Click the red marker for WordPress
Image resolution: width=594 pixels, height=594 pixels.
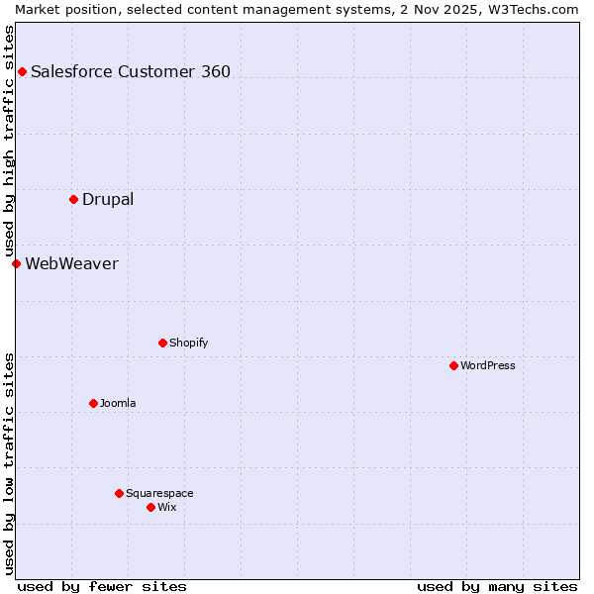coord(453,365)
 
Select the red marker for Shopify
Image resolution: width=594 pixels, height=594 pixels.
coord(162,343)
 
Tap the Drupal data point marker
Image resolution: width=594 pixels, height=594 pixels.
coord(73,199)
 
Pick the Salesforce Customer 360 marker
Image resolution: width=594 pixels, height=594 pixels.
coord(22,71)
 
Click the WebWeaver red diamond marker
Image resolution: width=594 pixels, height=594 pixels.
coord(16,263)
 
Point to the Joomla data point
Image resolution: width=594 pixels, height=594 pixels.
coord(93,403)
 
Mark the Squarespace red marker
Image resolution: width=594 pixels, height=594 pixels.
coord(119,493)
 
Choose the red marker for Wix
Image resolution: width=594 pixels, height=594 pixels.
coord(150,507)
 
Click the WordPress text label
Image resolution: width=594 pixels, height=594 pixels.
coord(488,365)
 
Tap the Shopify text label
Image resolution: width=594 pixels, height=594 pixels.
coord(188,343)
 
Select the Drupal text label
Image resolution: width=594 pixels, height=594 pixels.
coord(108,199)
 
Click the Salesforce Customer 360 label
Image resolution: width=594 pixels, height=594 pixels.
coord(131,71)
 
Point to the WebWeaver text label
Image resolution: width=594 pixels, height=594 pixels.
coord(71,263)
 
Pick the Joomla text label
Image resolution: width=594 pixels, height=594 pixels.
coord(118,403)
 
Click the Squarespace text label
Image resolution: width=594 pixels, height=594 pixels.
coord(159,493)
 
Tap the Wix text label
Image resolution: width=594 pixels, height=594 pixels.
coord(166,507)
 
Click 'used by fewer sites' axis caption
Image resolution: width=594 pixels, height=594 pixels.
coord(102,586)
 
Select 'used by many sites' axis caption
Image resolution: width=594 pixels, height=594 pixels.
coord(497,586)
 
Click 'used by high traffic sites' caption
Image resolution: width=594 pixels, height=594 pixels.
coord(9,142)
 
